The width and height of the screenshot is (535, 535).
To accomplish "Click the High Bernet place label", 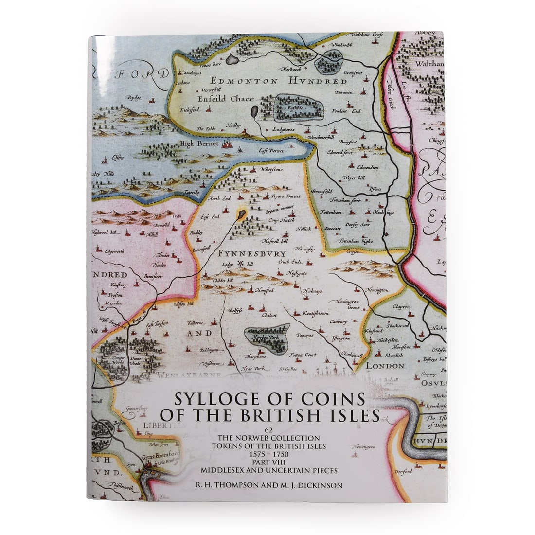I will click(200, 143).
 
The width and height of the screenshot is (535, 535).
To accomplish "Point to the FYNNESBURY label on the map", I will click(252, 254).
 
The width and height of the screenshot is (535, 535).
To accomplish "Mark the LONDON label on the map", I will click(385, 365).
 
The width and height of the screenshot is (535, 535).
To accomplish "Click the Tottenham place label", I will click(332, 213).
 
